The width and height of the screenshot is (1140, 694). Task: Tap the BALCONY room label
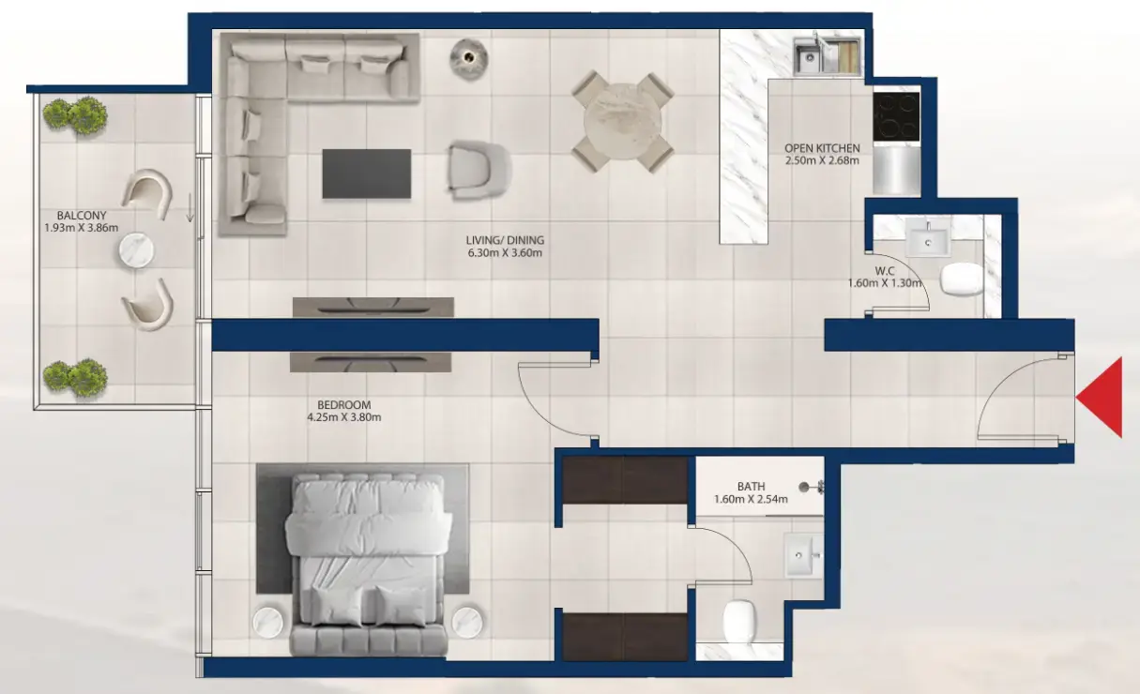[x=82, y=216]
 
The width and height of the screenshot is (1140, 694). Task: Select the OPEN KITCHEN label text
[x=822, y=148]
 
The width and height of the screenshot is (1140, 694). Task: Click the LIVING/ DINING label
[x=505, y=240]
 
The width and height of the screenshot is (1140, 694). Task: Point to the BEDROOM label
[x=344, y=405]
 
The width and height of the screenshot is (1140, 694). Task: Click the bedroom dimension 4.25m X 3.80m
[x=344, y=417]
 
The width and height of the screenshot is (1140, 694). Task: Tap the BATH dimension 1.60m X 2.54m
[x=751, y=500]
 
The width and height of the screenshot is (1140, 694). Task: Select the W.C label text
[x=885, y=271]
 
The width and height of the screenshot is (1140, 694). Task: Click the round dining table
[x=622, y=122]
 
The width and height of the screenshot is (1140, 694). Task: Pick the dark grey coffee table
[x=367, y=173]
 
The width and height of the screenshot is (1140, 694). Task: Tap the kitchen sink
[x=808, y=57]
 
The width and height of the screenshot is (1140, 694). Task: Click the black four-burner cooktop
[x=896, y=116]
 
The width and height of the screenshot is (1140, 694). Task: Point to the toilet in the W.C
[x=961, y=279]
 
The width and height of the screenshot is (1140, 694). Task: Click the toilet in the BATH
[x=739, y=621]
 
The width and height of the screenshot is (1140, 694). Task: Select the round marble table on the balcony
[x=136, y=250]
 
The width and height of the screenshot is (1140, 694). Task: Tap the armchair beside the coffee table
[x=479, y=170]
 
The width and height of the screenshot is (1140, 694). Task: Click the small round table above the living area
[x=469, y=58]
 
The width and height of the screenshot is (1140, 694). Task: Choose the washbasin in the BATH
[x=803, y=555]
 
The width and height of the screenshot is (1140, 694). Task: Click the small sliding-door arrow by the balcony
[x=190, y=207]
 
